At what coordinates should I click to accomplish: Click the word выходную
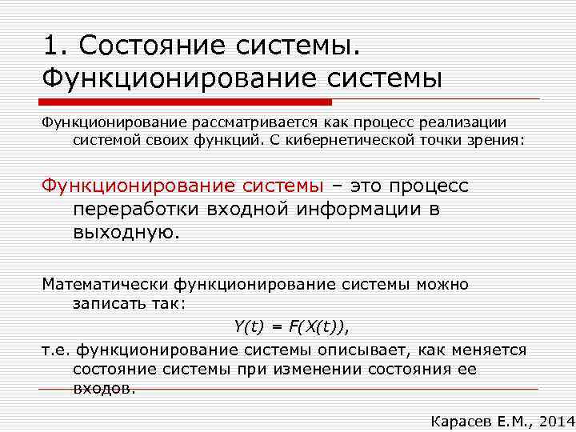[127, 232]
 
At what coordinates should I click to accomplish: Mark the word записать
[105, 303]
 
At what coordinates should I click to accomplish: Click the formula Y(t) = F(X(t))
[291, 326]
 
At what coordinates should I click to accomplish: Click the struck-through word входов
[104, 388]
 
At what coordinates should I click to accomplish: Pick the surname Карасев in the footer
[457, 419]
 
